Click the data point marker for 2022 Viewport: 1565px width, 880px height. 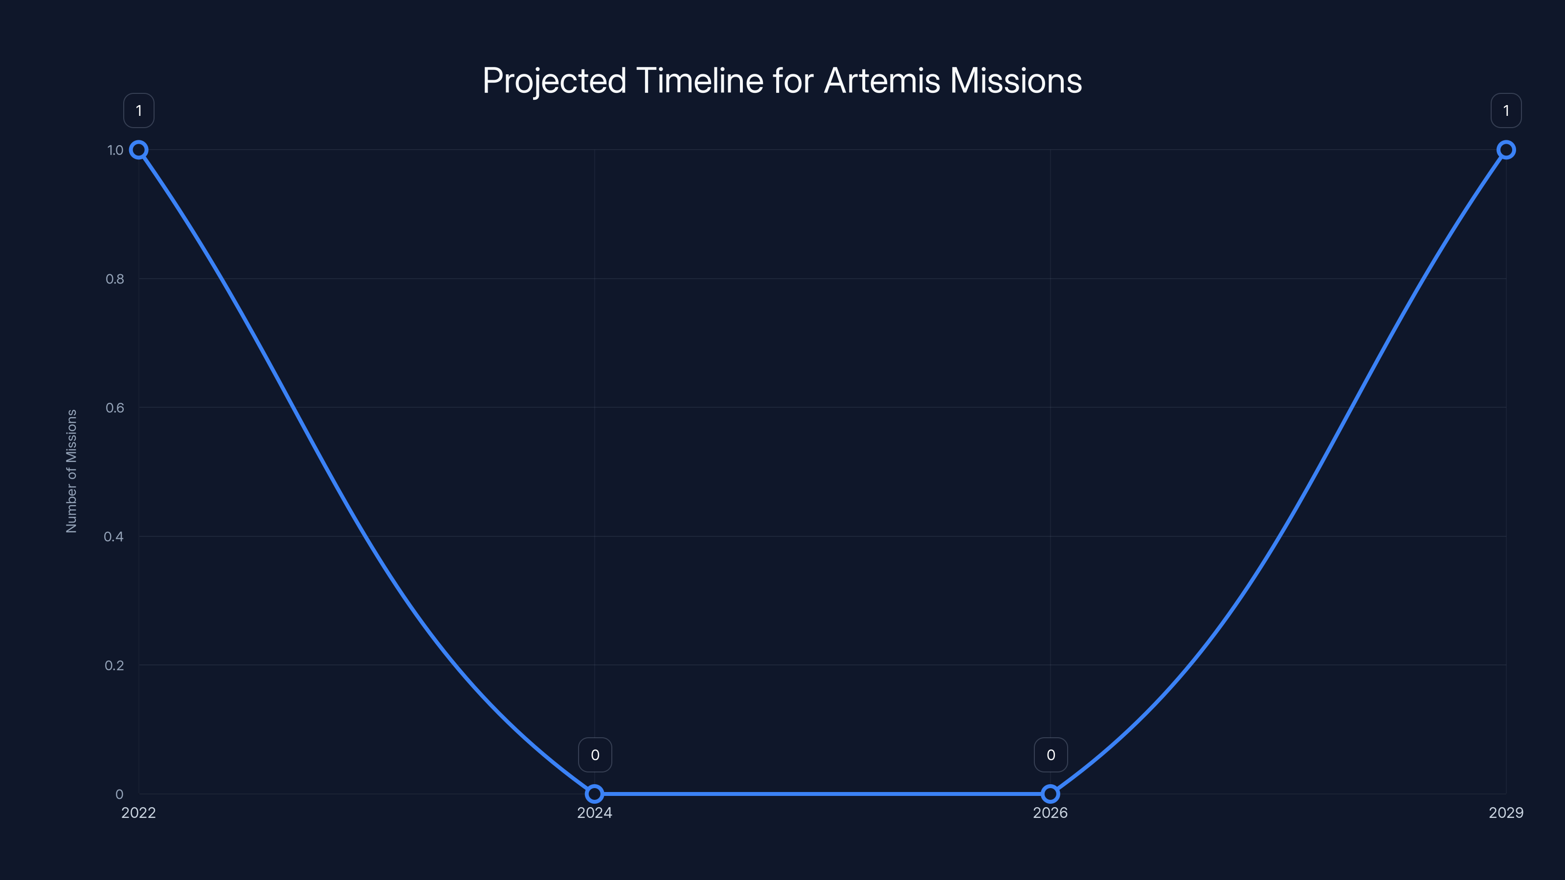pos(138,150)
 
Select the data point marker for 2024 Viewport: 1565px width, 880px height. pos(594,794)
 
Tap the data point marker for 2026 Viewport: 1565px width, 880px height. pos(1050,794)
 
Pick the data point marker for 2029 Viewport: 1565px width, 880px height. pos(1505,150)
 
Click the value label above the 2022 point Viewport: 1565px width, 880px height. pos(138,110)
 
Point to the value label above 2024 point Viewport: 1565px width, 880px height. pos(595,755)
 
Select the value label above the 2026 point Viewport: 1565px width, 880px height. pos(1051,755)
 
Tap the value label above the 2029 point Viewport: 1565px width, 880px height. pos(1505,110)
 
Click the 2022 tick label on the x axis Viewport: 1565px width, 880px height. pos(138,813)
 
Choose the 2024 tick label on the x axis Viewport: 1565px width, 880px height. pos(594,813)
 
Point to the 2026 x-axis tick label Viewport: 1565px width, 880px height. pos(1050,813)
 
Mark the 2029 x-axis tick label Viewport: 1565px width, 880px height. pos(1505,813)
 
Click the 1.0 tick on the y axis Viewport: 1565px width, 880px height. pos(115,150)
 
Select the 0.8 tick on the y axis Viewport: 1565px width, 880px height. pos(115,279)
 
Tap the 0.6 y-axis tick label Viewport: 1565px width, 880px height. pos(115,408)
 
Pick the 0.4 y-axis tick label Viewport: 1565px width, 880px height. pos(113,536)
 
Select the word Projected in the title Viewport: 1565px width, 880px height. pos(554,81)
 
